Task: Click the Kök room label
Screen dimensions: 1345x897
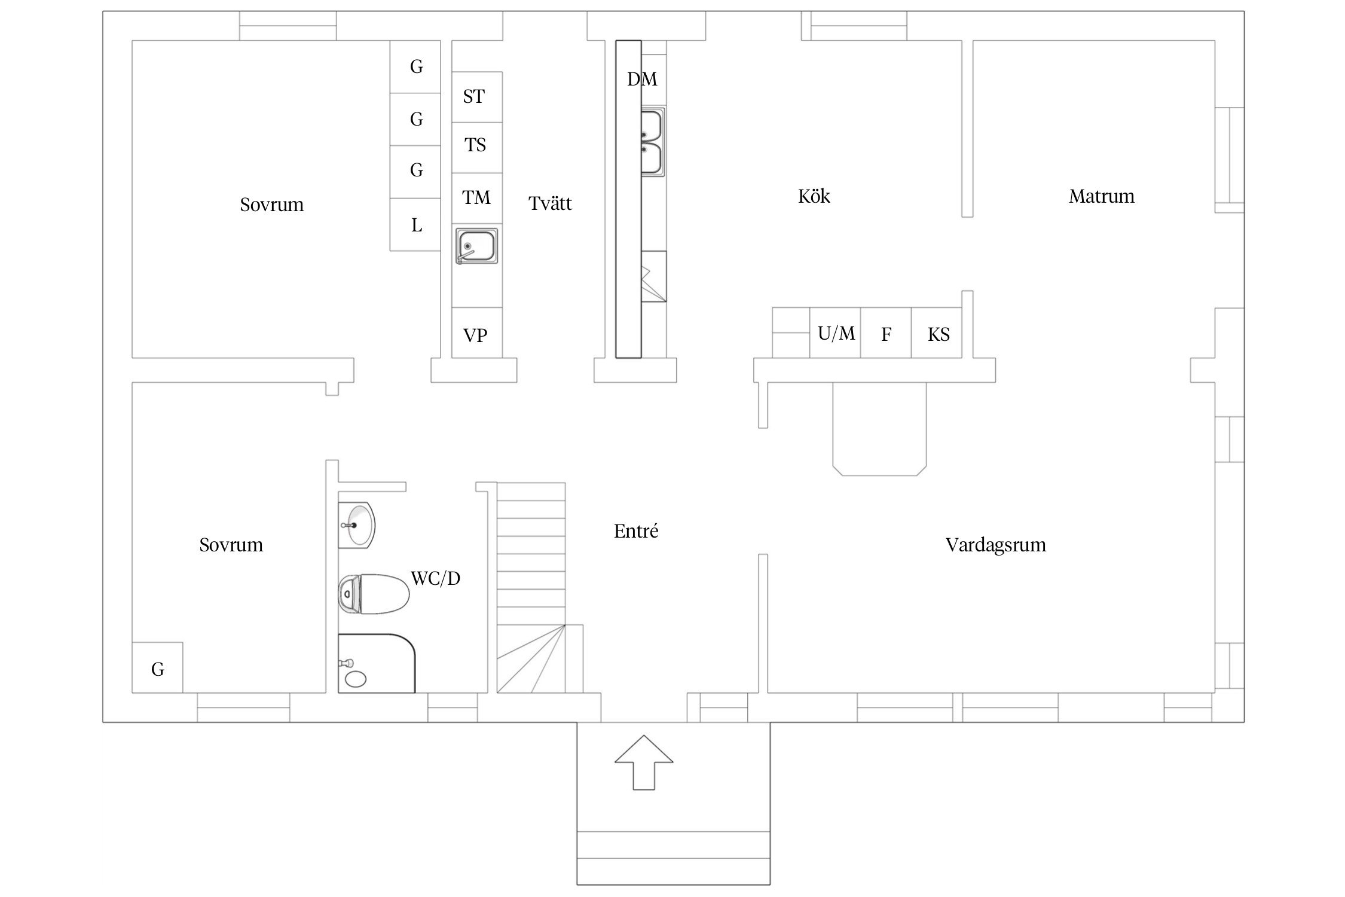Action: click(814, 196)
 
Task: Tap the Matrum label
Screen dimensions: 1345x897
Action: click(1101, 196)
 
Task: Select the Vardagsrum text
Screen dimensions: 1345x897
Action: click(995, 545)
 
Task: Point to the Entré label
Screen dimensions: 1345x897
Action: click(636, 531)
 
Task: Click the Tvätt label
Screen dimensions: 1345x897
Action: click(550, 203)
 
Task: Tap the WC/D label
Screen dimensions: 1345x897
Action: click(435, 578)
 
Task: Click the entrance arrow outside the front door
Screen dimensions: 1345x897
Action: click(644, 762)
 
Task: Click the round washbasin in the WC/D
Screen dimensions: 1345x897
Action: click(357, 525)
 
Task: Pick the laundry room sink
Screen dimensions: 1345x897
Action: click(476, 246)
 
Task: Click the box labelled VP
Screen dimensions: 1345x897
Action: click(476, 332)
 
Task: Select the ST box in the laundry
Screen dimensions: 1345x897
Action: click(476, 97)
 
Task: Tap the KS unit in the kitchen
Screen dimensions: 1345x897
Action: click(937, 332)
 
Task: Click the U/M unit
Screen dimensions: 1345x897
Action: click(835, 332)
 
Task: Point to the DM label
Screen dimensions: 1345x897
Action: click(642, 79)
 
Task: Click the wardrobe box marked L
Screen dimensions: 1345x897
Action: click(415, 224)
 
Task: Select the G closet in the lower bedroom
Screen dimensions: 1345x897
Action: click(157, 667)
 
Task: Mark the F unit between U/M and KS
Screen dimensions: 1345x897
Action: click(886, 332)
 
